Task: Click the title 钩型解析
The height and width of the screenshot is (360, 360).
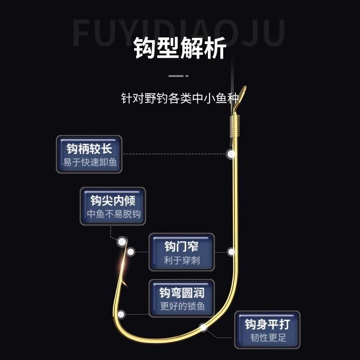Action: [x=180, y=49]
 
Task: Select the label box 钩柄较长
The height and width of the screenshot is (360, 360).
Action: [x=89, y=154]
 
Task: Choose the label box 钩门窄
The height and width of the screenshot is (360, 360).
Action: [x=181, y=252]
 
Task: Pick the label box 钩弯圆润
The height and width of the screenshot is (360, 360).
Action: [x=181, y=298]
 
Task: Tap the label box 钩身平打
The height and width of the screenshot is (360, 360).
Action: [x=267, y=329]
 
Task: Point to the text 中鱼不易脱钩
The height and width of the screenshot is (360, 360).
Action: [x=113, y=214]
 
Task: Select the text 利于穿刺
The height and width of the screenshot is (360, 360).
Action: [x=182, y=260]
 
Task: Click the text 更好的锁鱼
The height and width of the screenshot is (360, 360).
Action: [x=182, y=306]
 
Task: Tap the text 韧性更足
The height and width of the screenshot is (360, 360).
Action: [x=267, y=337]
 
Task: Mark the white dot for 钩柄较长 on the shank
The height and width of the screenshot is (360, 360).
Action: [x=231, y=154]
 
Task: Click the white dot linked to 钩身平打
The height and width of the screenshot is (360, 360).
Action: [x=203, y=327]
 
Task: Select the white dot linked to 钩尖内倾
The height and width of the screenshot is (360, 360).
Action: [x=121, y=242]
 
